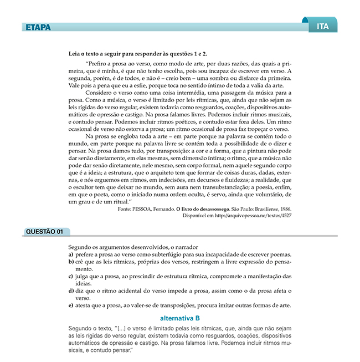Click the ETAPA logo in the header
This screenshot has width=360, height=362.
click(38, 27)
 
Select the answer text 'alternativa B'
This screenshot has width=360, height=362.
click(179, 318)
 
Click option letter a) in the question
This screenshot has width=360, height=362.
click(71, 254)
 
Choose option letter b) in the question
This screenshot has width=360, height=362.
click(71, 262)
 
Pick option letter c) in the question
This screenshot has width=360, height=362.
click(71, 276)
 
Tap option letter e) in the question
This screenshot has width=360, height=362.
click(71, 305)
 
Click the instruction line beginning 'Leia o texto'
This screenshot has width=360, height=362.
click(137, 54)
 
